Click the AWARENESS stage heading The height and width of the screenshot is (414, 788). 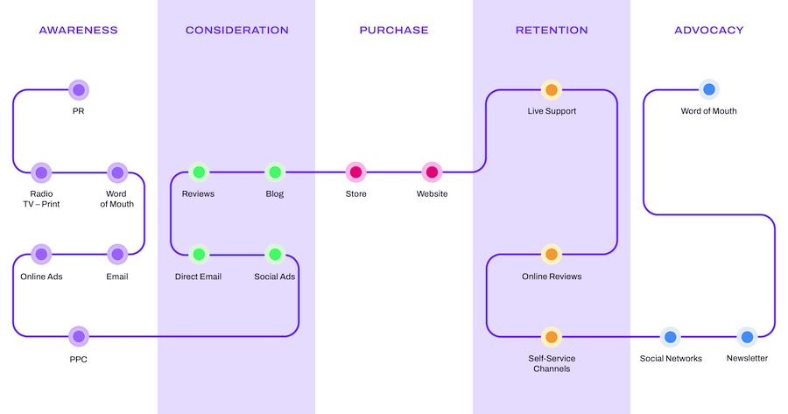(x=78, y=30)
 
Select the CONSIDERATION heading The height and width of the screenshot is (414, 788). (x=236, y=30)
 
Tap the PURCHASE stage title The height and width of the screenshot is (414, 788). (x=394, y=30)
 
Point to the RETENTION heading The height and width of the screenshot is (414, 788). (x=552, y=30)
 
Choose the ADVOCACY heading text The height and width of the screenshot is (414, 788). (x=708, y=30)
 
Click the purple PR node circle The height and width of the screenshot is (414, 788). (x=79, y=89)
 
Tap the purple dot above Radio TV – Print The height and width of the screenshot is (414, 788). (x=41, y=172)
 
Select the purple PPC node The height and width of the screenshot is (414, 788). (x=79, y=336)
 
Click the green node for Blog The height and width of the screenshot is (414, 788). (x=275, y=172)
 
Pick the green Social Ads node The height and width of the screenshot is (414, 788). (x=275, y=255)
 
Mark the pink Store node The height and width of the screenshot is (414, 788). (x=355, y=172)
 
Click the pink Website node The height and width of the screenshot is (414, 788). (x=432, y=172)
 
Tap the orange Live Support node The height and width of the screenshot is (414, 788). (x=552, y=89)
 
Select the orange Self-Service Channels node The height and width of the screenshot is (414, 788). (x=552, y=336)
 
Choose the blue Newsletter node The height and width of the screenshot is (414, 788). (x=747, y=336)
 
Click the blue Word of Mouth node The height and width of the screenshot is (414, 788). (x=708, y=89)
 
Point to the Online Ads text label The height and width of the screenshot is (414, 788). (x=41, y=277)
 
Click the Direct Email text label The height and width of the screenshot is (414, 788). (x=198, y=277)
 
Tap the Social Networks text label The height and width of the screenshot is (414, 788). (x=671, y=358)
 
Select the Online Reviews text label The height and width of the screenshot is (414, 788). (x=552, y=277)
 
